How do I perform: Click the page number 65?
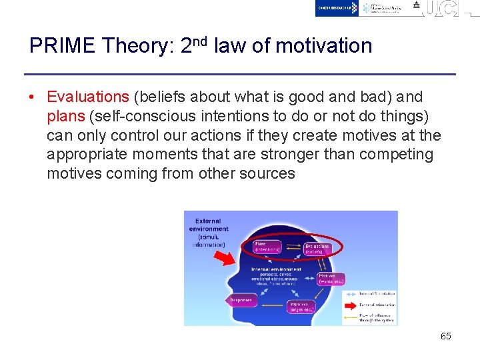445,336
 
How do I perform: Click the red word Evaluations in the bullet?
88,97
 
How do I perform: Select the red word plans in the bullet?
65,117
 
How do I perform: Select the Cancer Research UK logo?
337,7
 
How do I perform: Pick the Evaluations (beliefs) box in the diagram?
317,248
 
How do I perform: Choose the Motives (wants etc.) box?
330,278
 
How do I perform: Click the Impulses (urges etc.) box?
301,307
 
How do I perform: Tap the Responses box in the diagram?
241,300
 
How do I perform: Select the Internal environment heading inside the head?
276,269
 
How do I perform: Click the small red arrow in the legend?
350,305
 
